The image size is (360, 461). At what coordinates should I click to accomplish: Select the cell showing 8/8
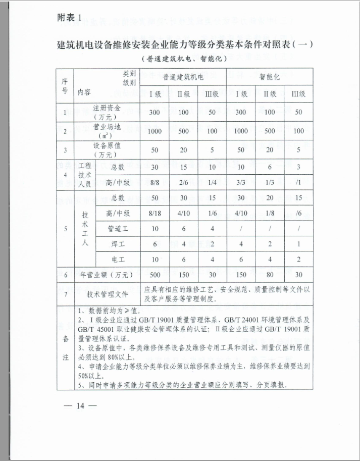(155, 183)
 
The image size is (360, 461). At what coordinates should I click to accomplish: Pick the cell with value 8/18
(155, 214)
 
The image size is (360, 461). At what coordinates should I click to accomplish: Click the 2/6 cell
(183, 183)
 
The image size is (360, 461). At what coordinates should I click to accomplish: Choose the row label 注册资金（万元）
(107, 112)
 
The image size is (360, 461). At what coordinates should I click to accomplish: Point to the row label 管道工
(118, 229)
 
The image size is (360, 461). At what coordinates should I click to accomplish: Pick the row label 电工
(118, 259)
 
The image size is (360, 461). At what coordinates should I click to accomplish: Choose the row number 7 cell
(64, 294)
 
